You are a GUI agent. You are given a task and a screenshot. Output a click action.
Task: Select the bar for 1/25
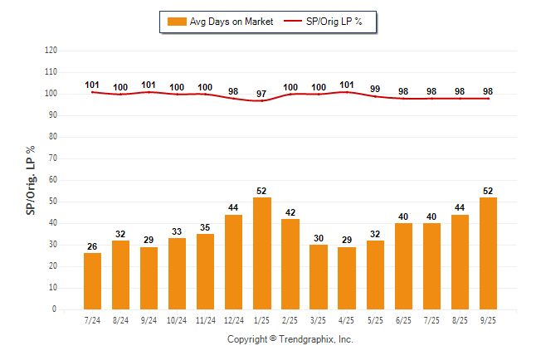[x=262, y=253]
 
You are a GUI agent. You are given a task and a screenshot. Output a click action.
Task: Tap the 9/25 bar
[x=488, y=253]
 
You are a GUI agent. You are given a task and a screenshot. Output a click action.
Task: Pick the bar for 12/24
[x=234, y=262]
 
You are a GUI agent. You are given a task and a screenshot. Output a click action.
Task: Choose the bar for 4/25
[x=347, y=278]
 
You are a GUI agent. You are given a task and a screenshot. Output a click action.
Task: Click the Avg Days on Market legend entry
[x=220, y=21]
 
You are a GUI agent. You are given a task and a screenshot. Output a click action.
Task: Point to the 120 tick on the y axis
[x=51, y=51]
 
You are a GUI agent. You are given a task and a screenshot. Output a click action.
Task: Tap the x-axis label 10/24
[x=178, y=320]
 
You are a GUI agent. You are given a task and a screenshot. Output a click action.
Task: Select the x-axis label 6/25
[x=403, y=320]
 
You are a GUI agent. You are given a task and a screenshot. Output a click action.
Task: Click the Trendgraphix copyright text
[x=290, y=339]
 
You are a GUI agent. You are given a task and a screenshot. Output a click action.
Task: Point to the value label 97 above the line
[x=262, y=91]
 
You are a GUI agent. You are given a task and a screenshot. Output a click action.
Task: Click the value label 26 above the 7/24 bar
[x=93, y=246]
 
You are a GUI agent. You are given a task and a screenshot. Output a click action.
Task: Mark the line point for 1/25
[x=262, y=100]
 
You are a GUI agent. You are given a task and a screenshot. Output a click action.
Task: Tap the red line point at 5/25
[x=375, y=96]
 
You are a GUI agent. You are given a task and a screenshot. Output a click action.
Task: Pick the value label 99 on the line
[x=375, y=88]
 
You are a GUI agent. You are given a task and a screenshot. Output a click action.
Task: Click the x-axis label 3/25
[x=319, y=320]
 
